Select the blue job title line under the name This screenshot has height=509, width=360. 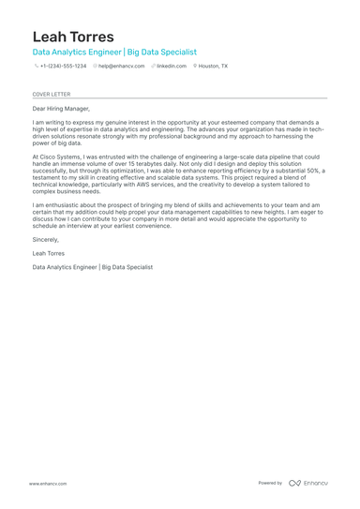tap(114, 52)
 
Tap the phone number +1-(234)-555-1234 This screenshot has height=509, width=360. tap(63, 67)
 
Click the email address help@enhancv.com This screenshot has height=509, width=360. tap(122, 67)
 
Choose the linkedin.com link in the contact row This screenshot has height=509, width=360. tap(171, 67)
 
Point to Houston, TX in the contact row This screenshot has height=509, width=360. tap(213, 67)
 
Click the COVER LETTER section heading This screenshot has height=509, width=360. tap(51, 94)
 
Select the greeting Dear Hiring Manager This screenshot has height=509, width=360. tap(62, 109)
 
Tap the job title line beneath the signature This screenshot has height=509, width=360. tap(92, 267)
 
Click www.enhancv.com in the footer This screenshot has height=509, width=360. tap(47, 483)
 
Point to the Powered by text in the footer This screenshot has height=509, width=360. tap(270, 483)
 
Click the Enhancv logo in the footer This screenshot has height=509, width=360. tap(308, 483)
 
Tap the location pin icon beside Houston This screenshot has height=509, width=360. tap(195, 67)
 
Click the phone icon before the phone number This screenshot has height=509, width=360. tap(36, 67)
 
